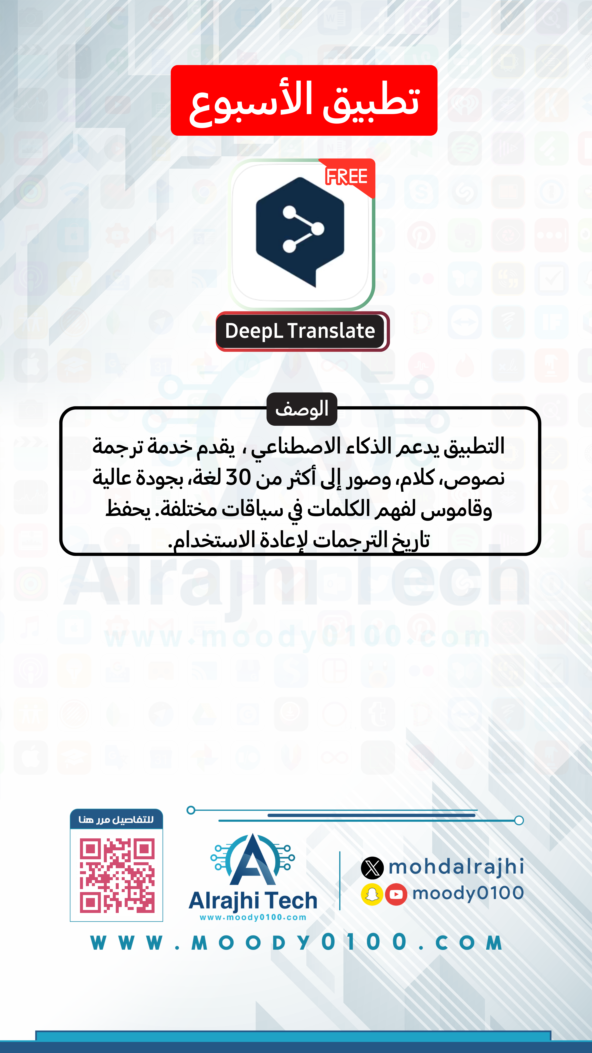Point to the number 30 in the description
click(x=238, y=477)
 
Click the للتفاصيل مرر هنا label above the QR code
click(x=116, y=820)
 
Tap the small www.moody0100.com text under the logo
click(x=253, y=918)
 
